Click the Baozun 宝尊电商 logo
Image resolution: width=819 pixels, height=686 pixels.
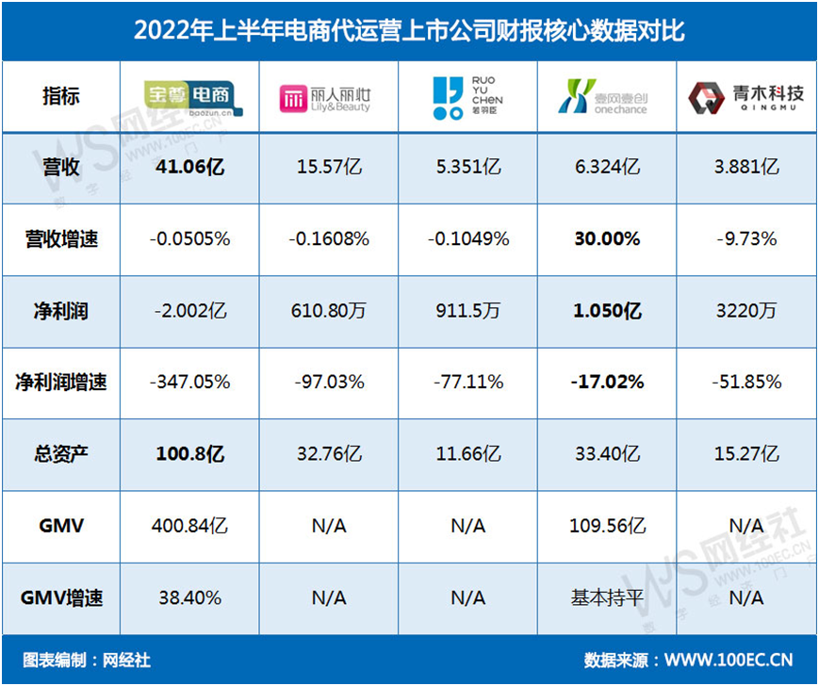pos(189,95)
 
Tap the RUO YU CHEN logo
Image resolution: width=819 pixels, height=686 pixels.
pos(467,97)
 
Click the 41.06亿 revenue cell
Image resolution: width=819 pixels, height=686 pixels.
pos(189,168)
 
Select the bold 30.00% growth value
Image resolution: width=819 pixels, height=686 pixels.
pos(607,239)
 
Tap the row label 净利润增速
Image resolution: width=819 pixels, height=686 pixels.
pos(61,383)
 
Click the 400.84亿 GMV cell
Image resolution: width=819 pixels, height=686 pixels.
pos(189,526)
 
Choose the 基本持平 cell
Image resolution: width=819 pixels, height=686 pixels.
pos(606,597)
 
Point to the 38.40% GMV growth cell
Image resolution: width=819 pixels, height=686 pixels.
pos(189,597)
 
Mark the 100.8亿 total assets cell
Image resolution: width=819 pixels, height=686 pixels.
pos(189,454)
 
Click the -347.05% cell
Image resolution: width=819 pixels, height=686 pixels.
pos(189,383)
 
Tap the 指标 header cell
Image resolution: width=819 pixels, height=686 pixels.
pos(61,95)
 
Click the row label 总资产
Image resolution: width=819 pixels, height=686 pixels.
pos(61,454)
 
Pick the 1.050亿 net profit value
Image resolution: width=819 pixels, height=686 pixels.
pos(607,311)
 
